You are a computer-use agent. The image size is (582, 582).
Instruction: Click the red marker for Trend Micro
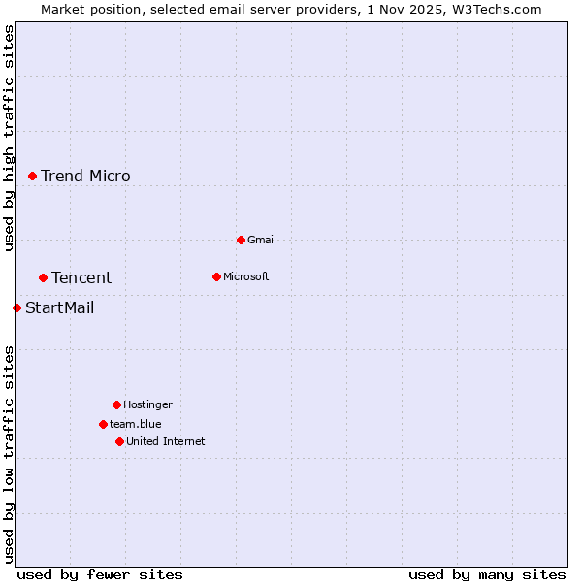coord(32,176)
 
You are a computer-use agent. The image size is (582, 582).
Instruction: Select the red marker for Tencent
coord(43,277)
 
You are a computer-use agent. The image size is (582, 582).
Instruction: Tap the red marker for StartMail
coord(16,307)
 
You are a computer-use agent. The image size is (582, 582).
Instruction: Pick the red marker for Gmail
coord(241,240)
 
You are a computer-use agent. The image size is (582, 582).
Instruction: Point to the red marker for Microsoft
coord(216,276)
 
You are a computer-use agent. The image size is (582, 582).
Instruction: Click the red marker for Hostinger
coord(116,404)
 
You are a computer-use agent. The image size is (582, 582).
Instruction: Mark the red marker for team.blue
coord(103,424)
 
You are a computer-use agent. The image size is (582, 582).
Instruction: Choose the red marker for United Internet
coord(119,441)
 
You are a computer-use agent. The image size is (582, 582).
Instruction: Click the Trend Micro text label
coord(85,176)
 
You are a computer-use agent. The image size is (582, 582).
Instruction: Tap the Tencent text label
coord(81,277)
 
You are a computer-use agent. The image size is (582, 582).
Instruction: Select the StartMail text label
coord(60,307)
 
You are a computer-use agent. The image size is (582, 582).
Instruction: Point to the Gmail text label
coord(262,240)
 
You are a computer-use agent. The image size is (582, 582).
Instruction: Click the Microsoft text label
coord(246,276)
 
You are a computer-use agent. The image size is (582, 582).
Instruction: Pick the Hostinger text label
coord(147,404)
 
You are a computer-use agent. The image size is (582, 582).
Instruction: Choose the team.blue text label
coord(136,424)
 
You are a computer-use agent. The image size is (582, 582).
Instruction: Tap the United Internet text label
coord(166,441)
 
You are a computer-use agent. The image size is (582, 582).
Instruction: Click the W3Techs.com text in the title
coord(494,9)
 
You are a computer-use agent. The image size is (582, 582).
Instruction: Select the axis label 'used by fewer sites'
coord(100,574)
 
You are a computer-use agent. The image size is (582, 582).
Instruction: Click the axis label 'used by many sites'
coord(487,574)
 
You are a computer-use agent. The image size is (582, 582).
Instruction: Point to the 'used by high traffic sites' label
coord(9,138)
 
